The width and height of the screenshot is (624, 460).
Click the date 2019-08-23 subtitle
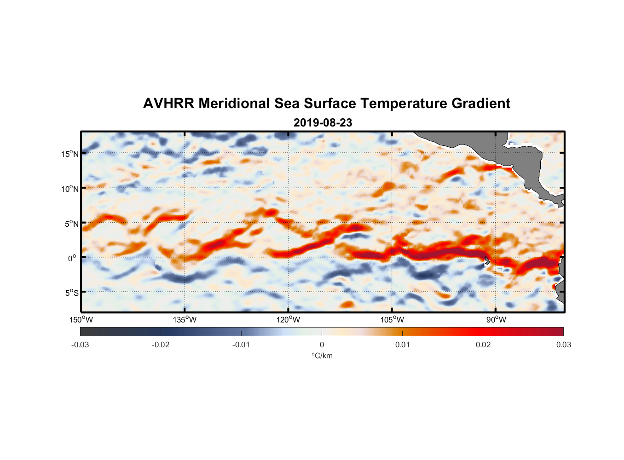tap(323, 123)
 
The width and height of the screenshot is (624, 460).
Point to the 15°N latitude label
tap(70, 154)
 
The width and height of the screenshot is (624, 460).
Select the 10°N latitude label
tap(70, 189)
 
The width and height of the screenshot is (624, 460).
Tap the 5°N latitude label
tap(72, 224)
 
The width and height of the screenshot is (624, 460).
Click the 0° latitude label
tap(72, 258)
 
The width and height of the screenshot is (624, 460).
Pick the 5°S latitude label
tap(72, 293)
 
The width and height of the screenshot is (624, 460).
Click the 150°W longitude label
tap(81, 320)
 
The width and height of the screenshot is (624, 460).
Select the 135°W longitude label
tap(185, 320)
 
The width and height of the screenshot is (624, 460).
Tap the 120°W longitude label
tap(289, 320)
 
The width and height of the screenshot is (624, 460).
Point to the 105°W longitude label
tap(392, 320)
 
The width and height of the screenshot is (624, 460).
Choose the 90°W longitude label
tap(496, 320)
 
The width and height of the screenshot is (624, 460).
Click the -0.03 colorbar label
tap(80, 345)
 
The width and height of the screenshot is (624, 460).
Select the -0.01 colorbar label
tap(241, 345)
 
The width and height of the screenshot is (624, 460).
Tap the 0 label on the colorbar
tap(322, 345)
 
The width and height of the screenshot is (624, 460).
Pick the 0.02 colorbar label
tap(483, 345)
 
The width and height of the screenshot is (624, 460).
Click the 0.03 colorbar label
tap(563, 345)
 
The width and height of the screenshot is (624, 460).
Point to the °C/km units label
tap(322, 356)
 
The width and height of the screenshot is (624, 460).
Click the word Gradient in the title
tap(481, 103)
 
